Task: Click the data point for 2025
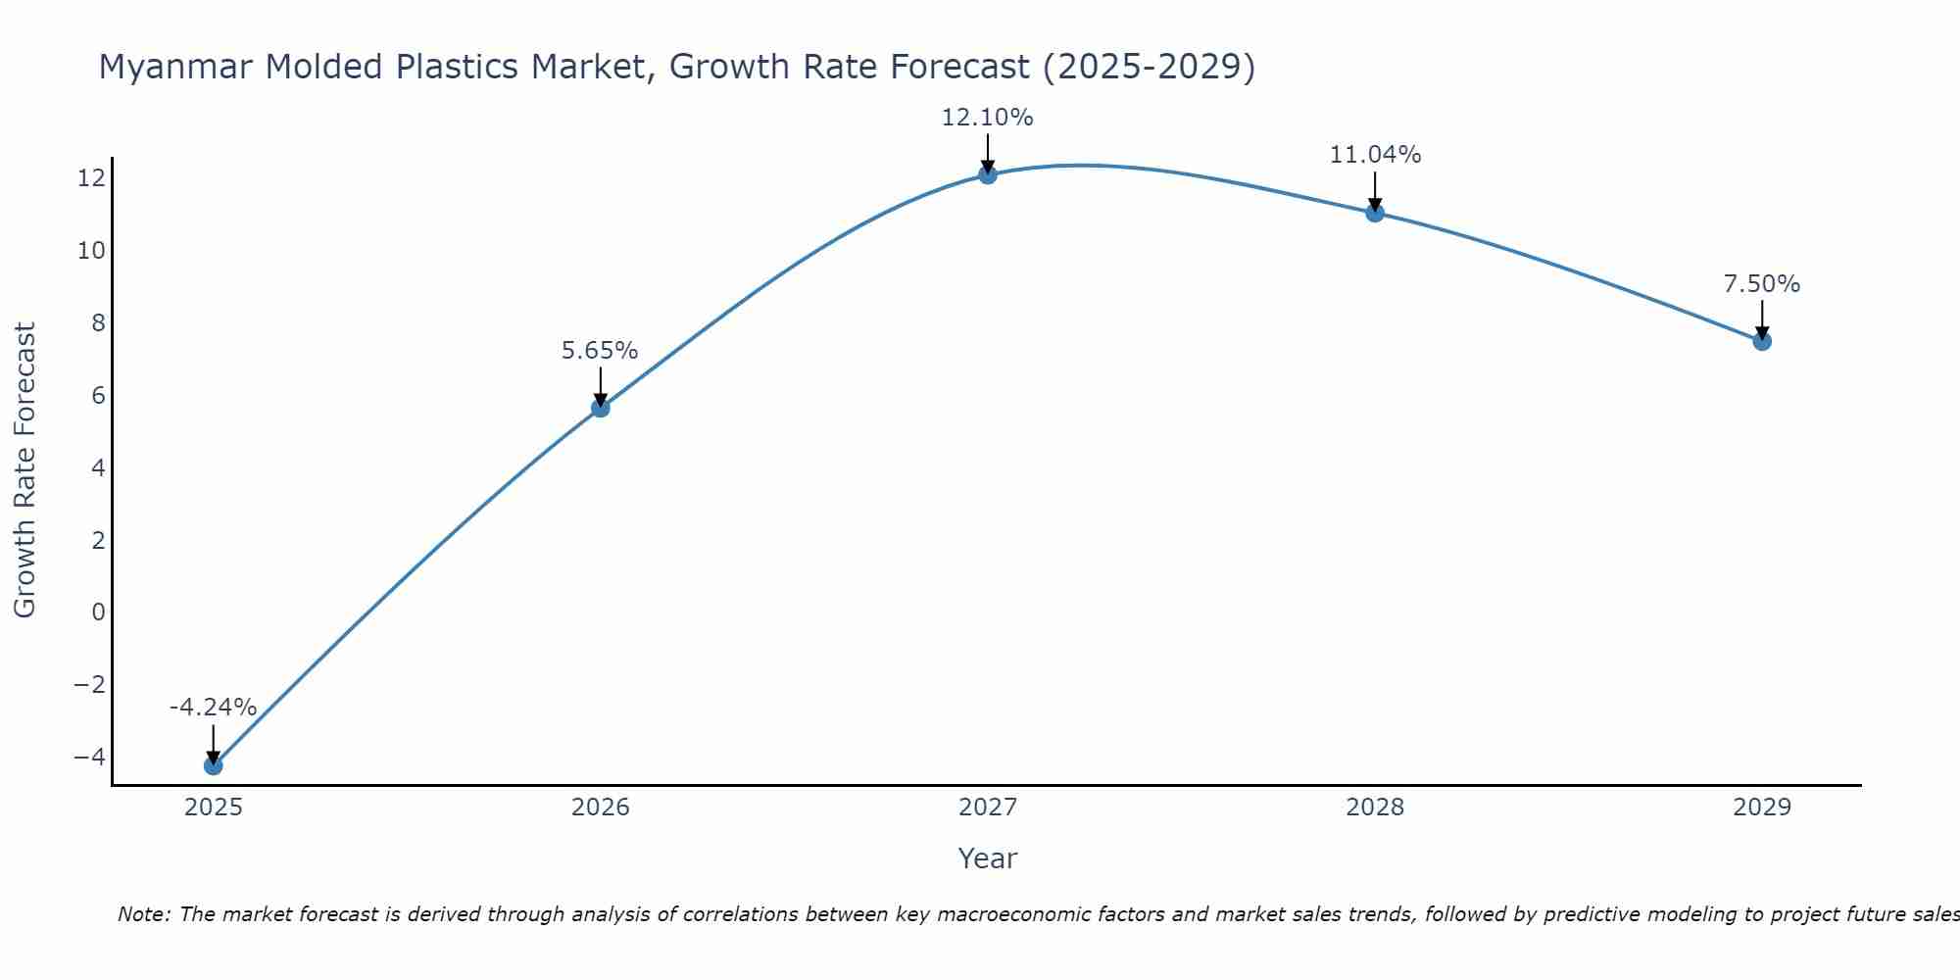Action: (x=213, y=765)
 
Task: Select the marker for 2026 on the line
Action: (x=601, y=408)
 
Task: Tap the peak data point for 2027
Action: (x=988, y=174)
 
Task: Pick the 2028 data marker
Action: (x=1375, y=213)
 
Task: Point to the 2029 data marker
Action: (x=1762, y=341)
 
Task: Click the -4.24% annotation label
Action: (x=213, y=708)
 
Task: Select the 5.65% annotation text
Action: (x=600, y=351)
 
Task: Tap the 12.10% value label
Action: (x=987, y=118)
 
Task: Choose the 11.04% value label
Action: (x=1375, y=155)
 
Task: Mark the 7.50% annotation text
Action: (x=1762, y=284)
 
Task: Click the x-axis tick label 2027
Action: (x=988, y=808)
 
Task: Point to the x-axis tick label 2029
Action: (x=1762, y=808)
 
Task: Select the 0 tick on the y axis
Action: (x=98, y=612)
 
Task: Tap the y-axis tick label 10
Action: (x=91, y=251)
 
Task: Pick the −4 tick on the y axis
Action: (x=89, y=758)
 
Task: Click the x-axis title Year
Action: (x=988, y=858)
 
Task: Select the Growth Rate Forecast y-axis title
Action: (x=24, y=470)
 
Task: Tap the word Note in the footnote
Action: (x=143, y=914)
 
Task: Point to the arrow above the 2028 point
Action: (x=1375, y=191)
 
